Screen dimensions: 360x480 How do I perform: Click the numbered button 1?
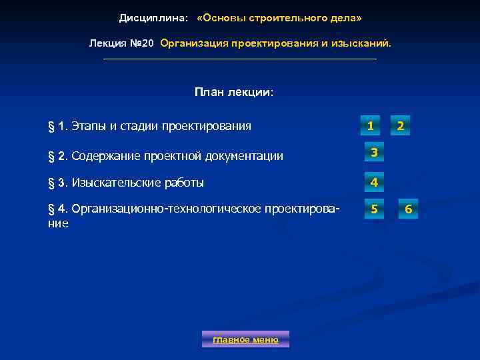pyautogui.click(x=369, y=125)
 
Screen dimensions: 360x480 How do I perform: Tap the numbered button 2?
pyautogui.click(x=400, y=125)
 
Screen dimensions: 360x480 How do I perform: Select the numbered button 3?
pyautogui.click(x=374, y=153)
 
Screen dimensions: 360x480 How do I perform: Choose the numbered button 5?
pyautogui.click(x=374, y=209)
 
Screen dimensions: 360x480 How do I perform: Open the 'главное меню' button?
pyautogui.click(x=245, y=339)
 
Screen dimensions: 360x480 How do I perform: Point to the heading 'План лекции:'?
pyautogui.click(x=234, y=92)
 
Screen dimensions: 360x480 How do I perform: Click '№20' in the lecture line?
pyautogui.click(x=141, y=43)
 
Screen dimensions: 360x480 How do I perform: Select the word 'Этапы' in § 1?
pyautogui.click(x=89, y=126)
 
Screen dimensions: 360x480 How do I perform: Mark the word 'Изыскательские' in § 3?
pyautogui.click(x=111, y=183)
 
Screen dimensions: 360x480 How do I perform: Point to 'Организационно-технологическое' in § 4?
pyautogui.click(x=166, y=210)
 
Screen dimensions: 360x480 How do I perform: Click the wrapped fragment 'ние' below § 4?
pyautogui.click(x=59, y=224)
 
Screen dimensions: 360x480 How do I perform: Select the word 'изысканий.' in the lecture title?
pyautogui.click(x=364, y=43)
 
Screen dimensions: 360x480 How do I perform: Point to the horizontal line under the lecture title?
pyautogui.click(x=240, y=59)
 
